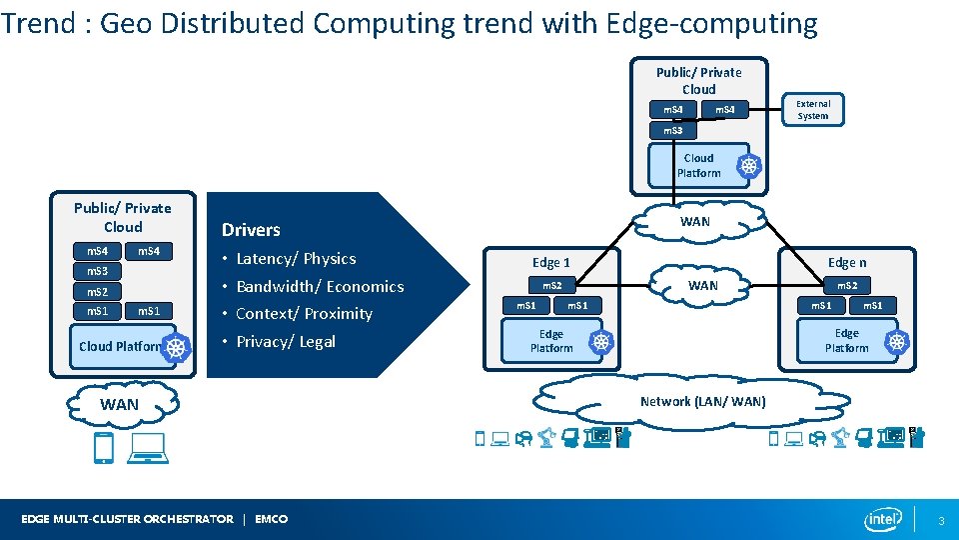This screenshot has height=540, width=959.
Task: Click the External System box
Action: pyautogui.click(x=812, y=109)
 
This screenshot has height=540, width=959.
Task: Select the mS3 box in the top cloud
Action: pyautogui.click(x=672, y=131)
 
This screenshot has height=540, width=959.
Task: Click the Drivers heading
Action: pyautogui.click(x=251, y=230)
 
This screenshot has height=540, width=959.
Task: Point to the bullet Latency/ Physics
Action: pyautogui.click(x=296, y=258)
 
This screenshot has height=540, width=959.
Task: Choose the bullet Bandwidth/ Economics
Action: pyautogui.click(x=320, y=286)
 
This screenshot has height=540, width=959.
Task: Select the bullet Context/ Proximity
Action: pyautogui.click(x=304, y=313)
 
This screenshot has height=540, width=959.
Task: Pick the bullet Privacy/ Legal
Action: pyautogui.click(x=286, y=341)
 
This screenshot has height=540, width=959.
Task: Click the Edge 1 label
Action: pyautogui.click(x=551, y=262)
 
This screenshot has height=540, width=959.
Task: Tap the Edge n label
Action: pyautogui.click(x=847, y=262)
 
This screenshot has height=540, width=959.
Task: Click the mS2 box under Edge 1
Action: pyautogui.click(x=551, y=286)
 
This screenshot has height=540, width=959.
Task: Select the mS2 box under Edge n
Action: pyautogui.click(x=847, y=286)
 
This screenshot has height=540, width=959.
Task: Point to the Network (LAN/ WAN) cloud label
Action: pyautogui.click(x=703, y=401)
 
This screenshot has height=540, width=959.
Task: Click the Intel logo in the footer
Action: pyautogui.click(x=884, y=519)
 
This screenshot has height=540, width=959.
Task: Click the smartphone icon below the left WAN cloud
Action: pyautogui.click(x=103, y=447)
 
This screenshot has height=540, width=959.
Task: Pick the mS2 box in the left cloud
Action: pyautogui.click(x=98, y=291)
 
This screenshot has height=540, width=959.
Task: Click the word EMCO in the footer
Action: pyautogui.click(x=271, y=519)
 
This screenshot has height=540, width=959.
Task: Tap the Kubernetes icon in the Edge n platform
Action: pyautogui.click(x=897, y=342)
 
